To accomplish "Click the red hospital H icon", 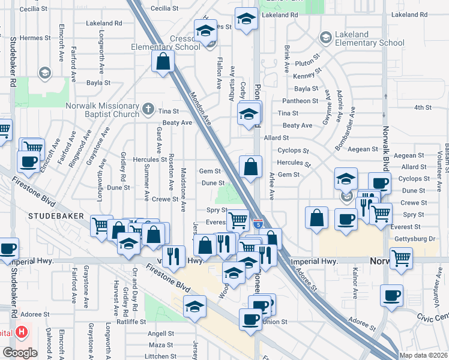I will click(22, 331).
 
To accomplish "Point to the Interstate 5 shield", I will click(258, 224).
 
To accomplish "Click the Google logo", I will click(19, 353).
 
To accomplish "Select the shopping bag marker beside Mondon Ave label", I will click(163, 61).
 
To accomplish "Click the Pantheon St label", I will click(298, 101).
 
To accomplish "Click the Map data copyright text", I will click(423, 355).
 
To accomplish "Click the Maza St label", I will click(160, 345).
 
